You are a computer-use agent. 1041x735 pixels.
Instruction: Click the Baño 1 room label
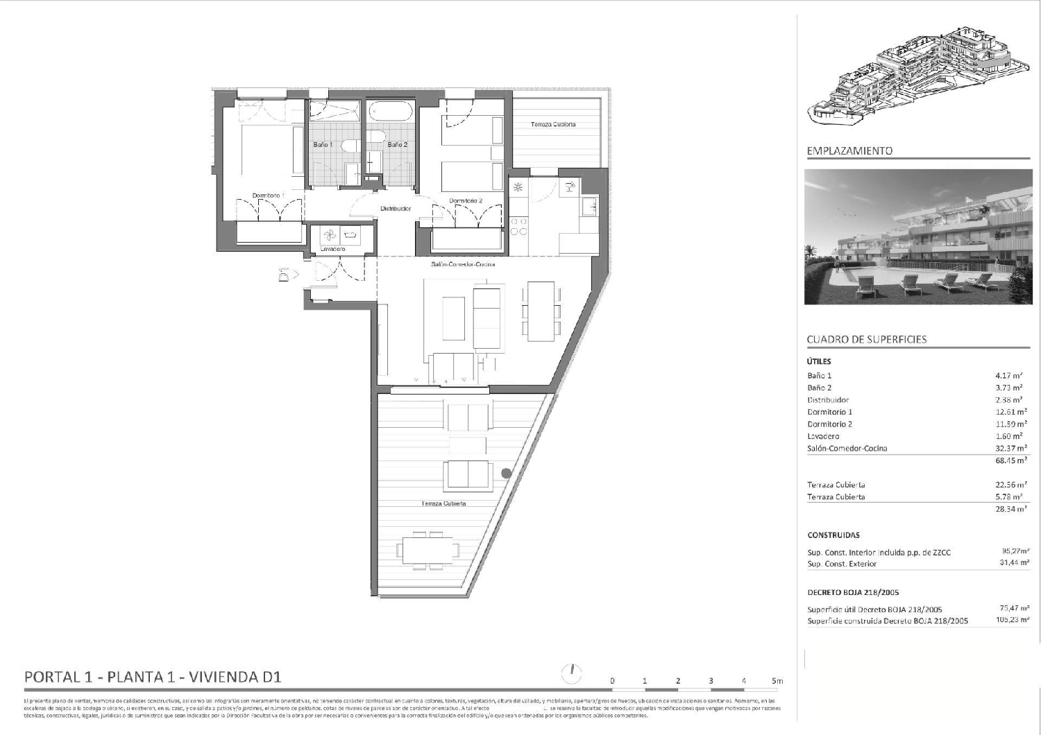[323, 145]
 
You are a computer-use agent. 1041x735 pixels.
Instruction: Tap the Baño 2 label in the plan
[397, 145]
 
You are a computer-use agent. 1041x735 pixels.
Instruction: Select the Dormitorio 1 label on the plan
[268, 196]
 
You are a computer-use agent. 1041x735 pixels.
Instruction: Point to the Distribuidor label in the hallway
[396, 208]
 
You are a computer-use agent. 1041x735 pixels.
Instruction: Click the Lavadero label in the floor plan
[332, 249]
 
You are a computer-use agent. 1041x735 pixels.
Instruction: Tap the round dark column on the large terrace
[507, 474]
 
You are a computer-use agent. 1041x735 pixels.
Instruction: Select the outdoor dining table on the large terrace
[428, 550]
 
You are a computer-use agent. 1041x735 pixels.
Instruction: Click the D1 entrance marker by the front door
[283, 275]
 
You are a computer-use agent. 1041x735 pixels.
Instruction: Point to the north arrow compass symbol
[571, 672]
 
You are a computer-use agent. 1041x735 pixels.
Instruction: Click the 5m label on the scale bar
[777, 681]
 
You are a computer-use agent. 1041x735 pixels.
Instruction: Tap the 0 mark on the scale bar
[612, 681]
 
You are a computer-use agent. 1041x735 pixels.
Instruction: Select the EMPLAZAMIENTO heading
[849, 150]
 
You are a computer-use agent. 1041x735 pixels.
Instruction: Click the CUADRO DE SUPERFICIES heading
[867, 339]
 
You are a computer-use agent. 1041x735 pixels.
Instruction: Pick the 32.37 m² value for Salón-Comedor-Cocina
[1008, 448]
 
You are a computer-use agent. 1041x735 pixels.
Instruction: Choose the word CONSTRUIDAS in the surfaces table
[833, 535]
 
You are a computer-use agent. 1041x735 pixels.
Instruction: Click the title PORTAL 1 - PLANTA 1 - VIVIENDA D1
[153, 677]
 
